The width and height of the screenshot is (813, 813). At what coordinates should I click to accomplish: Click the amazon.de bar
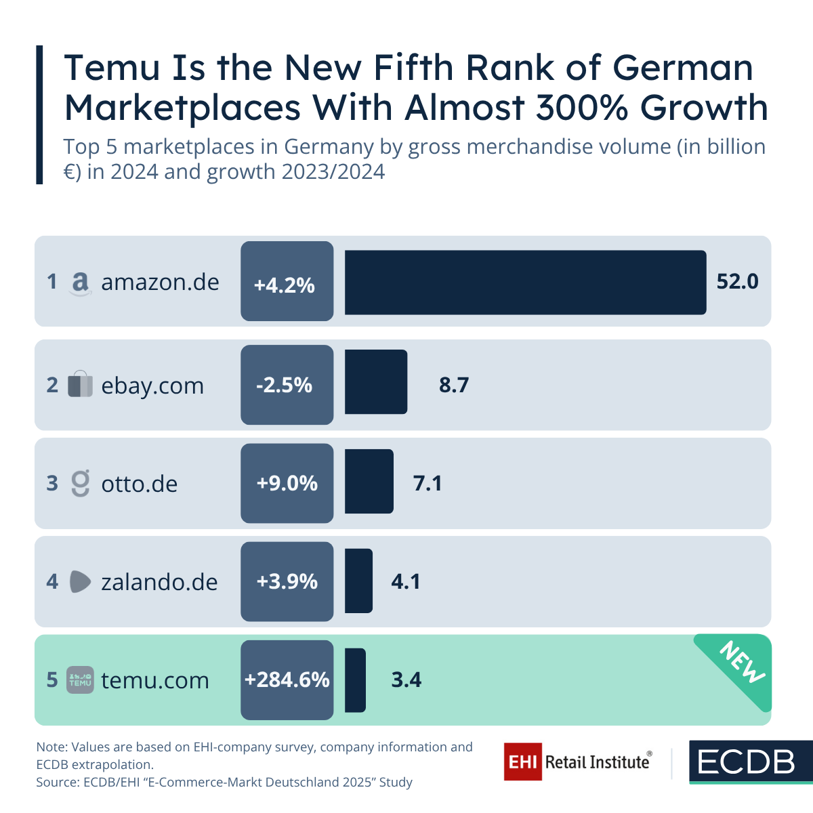coord(525,283)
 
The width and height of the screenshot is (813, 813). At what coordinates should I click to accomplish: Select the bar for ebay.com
coord(376,382)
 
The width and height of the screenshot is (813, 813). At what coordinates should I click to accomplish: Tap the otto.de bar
coord(369,481)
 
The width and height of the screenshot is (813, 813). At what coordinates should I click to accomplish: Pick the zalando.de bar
coord(358,581)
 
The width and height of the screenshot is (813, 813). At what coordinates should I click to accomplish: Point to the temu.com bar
coord(355,680)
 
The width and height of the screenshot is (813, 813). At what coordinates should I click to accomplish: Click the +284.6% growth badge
coord(287,680)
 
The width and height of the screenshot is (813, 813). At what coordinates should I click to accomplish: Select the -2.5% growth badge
coord(287,385)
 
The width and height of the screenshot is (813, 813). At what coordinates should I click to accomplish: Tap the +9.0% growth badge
coord(287,483)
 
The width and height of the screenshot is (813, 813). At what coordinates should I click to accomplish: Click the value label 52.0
coord(737,281)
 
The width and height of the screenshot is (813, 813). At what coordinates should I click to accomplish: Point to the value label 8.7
coord(453,385)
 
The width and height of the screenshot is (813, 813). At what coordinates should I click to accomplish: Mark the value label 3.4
coord(406,680)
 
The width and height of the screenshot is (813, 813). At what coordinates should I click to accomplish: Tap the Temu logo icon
coord(80,680)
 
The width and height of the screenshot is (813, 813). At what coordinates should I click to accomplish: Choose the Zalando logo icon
coord(80,582)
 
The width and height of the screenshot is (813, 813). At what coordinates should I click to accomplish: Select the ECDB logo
coord(747,762)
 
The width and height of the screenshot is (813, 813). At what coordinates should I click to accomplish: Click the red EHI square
coord(522,762)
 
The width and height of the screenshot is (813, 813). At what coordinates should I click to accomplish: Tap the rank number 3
coord(52,483)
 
